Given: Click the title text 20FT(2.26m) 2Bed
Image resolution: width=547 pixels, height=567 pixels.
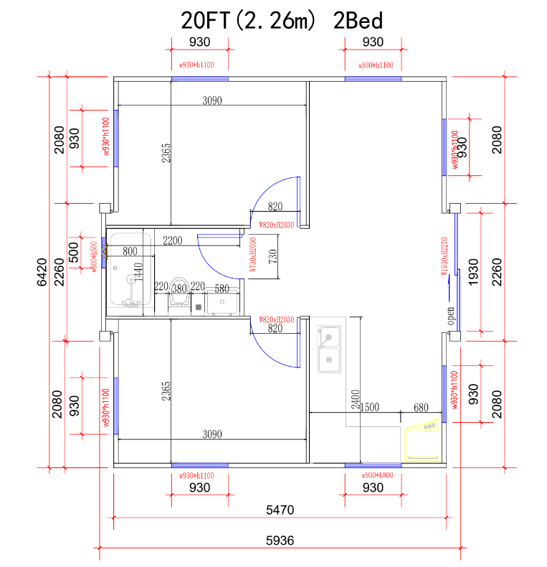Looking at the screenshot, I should [282, 19].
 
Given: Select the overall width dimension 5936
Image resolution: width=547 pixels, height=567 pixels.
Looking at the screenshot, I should [280, 540].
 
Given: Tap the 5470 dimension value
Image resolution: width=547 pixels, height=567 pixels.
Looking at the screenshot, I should [280, 510].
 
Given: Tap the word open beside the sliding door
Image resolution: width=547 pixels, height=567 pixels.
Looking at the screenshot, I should [451, 315].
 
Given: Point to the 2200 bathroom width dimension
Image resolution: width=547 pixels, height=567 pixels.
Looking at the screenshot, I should [173, 240].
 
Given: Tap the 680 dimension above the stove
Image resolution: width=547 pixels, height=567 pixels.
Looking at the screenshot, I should [422, 407].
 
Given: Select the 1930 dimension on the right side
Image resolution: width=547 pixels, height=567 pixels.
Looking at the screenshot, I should [472, 273].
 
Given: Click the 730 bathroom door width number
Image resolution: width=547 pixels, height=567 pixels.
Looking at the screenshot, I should [272, 256].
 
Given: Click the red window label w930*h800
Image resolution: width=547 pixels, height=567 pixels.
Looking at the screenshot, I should [378, 475].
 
